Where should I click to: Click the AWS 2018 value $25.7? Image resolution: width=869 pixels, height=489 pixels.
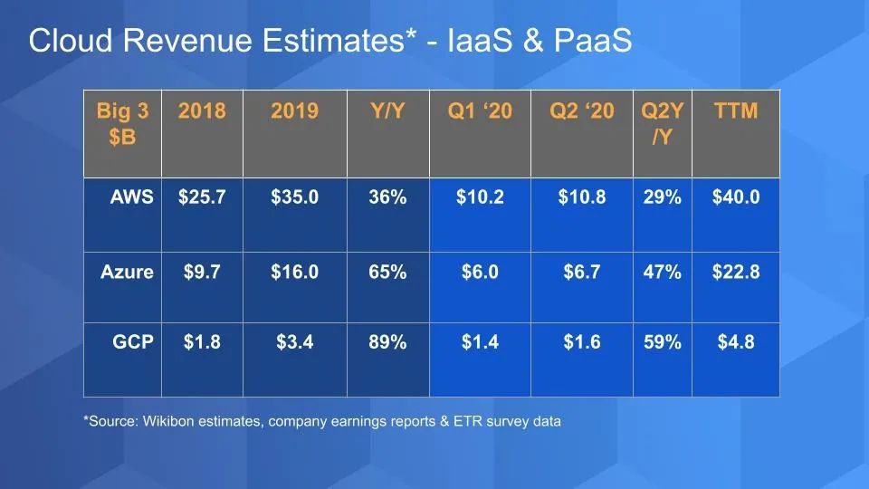pyautogui.click(x=202, y=197)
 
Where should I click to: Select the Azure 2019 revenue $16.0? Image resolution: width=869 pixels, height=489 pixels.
pyautogui.click(x=294, y=273)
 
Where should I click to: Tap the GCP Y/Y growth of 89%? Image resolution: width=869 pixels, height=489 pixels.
pyautogui.click(x=387, y=343)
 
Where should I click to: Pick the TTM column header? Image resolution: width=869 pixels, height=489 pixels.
pyautogui.click(x=736, y=111)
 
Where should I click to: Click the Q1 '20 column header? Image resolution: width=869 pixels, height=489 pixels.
pyautogui.click(x=480, y=111)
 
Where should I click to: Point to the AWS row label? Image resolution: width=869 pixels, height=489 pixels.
pyautogui.click(x=132, y=197)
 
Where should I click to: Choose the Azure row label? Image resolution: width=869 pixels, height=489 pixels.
pyautogui.click(x=127, y=273)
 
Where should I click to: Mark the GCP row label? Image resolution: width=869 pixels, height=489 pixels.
pyautogui.click(x=132, y=343)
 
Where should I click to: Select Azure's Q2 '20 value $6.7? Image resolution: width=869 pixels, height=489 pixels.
pyautogui.click(x=581, y=273)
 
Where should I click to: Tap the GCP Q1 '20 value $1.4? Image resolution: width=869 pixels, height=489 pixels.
pyautogui.click(x=480, y=343)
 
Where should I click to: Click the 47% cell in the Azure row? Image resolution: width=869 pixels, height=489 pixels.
pyautogui.click(x=662, y=273)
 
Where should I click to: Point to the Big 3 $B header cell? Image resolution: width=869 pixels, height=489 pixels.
pyautogui.click(x=122, y=123)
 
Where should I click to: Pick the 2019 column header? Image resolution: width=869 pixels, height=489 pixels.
pyautogui.click(x=294, y=111)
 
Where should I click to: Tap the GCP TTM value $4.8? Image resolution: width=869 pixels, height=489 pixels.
pyautogui.click(x=736, y=343)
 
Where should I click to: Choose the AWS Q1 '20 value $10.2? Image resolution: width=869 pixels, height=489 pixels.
pyautogui.click(x=480, y=197)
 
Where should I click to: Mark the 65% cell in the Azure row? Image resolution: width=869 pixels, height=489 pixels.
pyautogui.click(x=387, y=273)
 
